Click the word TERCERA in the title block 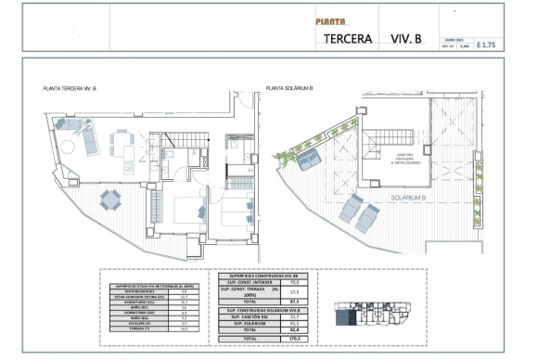point(349,40)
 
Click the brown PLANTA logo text point(330,21)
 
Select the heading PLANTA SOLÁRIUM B point(289,88)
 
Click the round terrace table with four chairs point(109,199)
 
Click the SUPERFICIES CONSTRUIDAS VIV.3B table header point(268,276)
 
